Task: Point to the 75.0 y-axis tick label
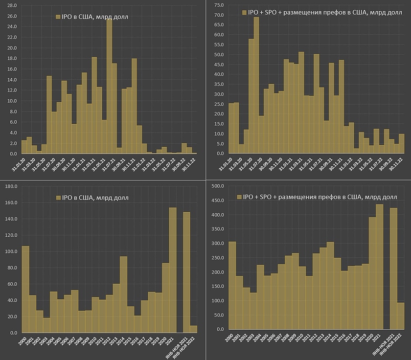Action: (219, 5)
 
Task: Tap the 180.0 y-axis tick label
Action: (10, 186)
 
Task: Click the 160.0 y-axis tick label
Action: (10, 202)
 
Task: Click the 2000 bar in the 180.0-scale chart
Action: (25, 289)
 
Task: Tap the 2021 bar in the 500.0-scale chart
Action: (379, 267)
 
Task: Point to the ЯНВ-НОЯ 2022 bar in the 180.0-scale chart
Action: (194, 329)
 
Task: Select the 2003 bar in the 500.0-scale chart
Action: (253, 311)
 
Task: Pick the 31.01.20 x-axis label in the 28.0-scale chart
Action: (20, 166)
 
